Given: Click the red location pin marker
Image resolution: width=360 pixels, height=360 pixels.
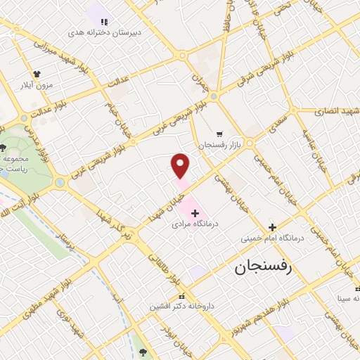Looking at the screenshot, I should tap(181, 166).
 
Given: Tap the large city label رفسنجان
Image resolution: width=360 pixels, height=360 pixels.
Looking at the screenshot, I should tap(269, 268).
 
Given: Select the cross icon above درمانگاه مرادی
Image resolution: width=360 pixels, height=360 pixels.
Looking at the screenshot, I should tap(195, 212).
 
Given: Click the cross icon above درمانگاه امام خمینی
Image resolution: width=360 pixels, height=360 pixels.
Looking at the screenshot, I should tap(272, 226).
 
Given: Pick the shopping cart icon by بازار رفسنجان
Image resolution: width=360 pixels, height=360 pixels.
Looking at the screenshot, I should tap(219, 133).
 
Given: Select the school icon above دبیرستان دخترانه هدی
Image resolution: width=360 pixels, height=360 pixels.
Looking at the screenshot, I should tap(105, 21).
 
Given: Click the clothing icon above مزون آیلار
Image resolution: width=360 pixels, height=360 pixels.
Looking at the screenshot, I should tap(37, 72).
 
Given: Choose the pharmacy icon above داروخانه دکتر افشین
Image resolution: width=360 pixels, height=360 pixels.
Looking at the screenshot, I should tap(182, 295).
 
